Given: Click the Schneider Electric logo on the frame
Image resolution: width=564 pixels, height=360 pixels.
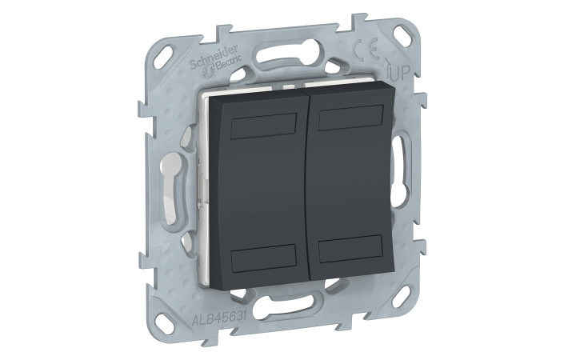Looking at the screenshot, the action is tap(216, 61).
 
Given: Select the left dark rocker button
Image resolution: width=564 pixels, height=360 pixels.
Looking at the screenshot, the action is tap(257, 190).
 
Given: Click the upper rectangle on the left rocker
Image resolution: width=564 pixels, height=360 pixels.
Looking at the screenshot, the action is tap(264, 126).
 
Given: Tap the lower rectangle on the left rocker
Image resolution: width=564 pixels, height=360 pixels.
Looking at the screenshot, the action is tap(264, 258).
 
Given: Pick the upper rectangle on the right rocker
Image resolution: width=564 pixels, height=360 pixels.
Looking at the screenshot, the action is tap(350, 118).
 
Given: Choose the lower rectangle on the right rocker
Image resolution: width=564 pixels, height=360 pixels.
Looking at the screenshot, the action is tap(350, 248).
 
